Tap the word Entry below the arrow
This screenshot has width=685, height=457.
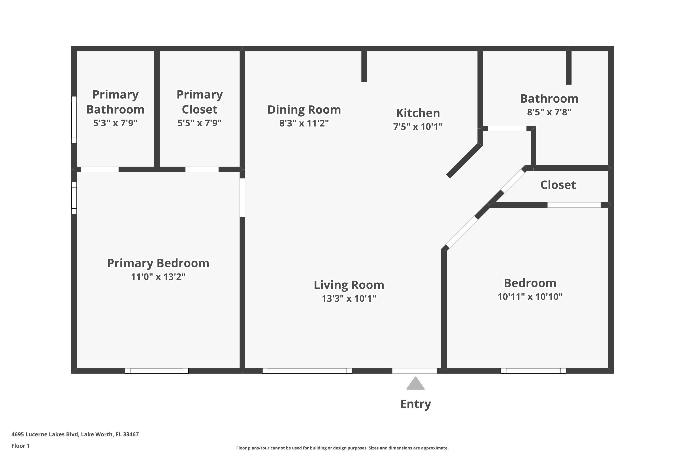pos(416,404)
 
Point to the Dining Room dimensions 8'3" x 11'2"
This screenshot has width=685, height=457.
pos(304,123)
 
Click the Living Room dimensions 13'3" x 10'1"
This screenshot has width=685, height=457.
pos(349,298)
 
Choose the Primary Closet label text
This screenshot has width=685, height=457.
pos(200,102)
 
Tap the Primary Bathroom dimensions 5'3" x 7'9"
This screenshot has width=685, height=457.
pos(115,123)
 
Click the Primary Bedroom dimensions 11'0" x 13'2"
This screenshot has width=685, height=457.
pos(158,276)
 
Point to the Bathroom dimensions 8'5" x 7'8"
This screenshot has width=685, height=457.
pos(549,112)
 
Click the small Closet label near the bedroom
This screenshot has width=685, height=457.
pos(558,185)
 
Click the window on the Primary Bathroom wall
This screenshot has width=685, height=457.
pos(74,120)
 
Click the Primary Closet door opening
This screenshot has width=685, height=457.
pos(202,169)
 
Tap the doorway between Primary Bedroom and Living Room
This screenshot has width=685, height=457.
pos(242,198)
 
